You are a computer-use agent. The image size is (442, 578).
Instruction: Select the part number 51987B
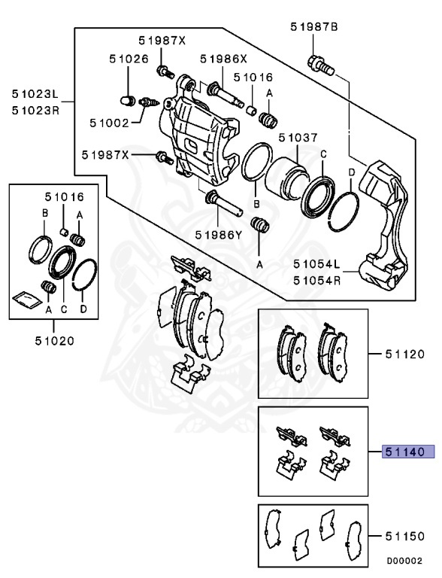tap(314, 28)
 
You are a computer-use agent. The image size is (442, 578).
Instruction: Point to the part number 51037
tap(298, 138)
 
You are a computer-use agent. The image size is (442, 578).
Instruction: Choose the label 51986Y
tap(219, 234)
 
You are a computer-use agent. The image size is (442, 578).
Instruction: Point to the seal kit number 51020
tap(54, 340)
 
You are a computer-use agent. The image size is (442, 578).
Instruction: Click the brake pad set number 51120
tap(404, 353)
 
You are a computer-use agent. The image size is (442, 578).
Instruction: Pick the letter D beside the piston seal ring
tap(351, 174)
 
